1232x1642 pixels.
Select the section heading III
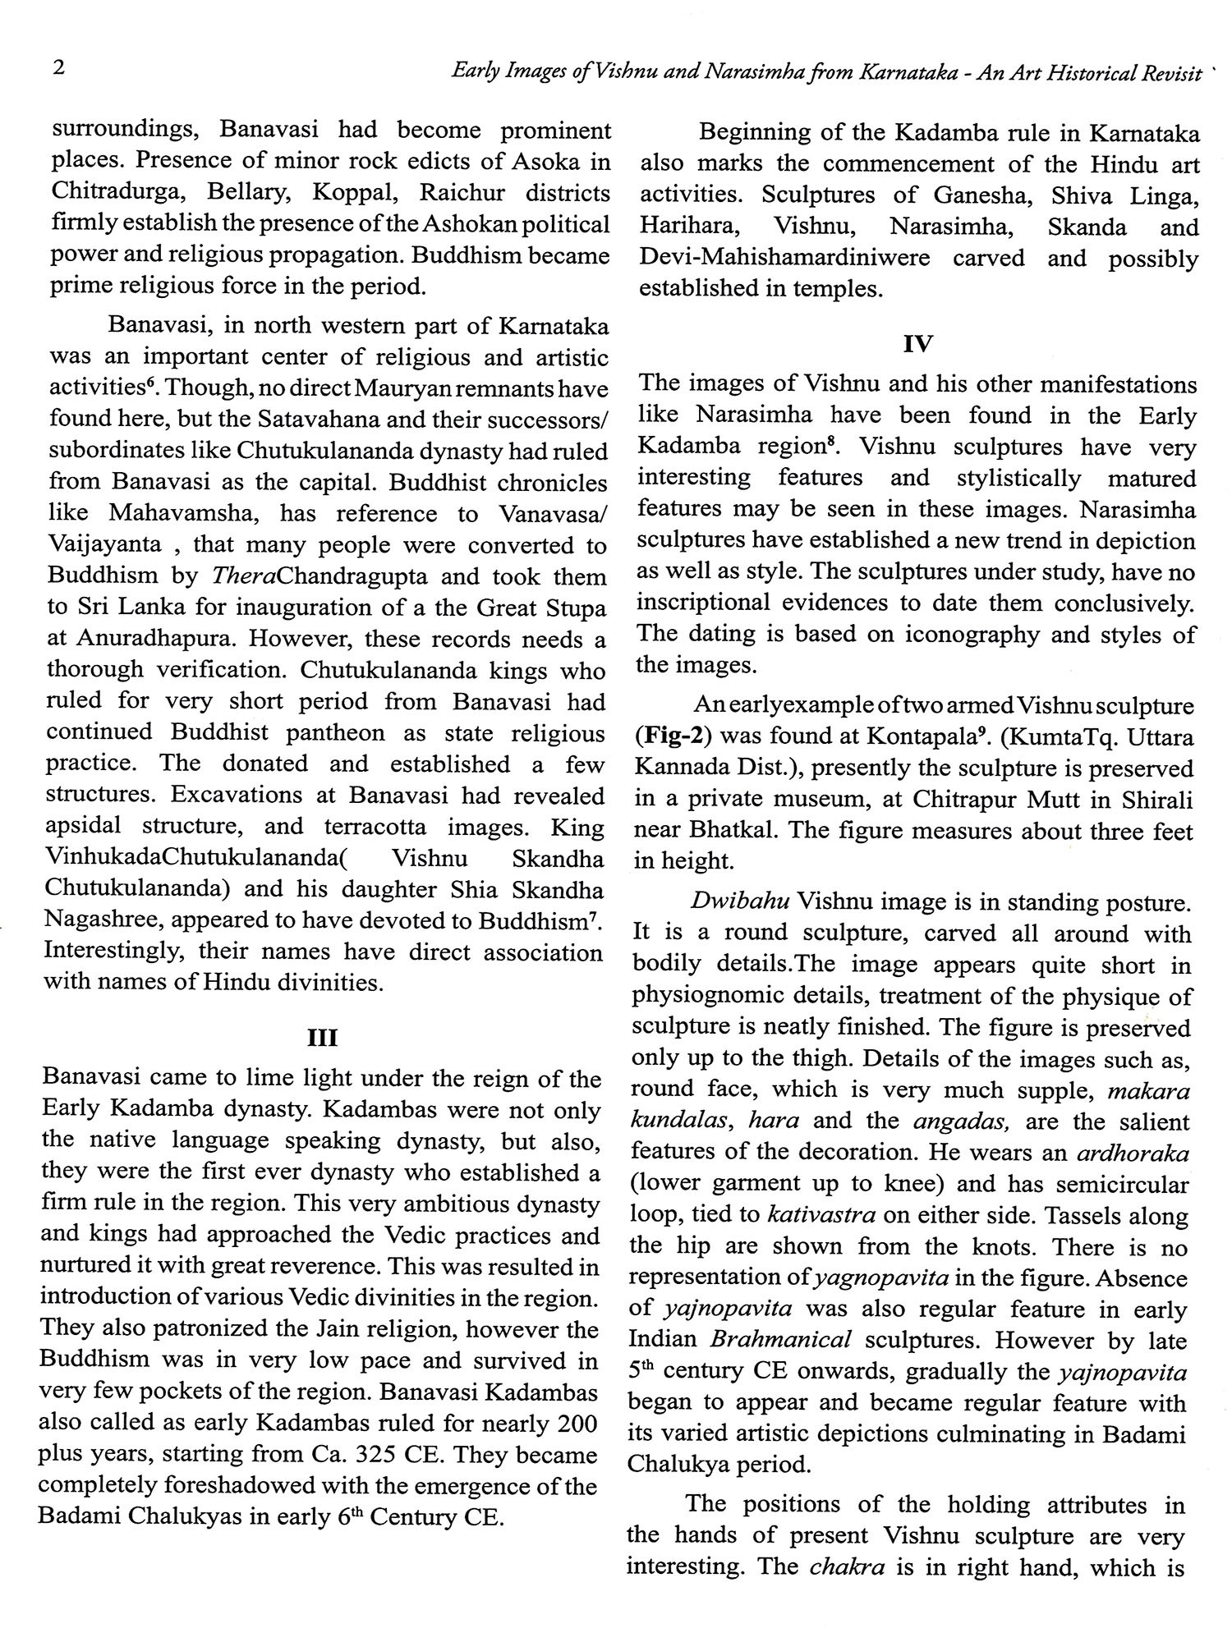321,1039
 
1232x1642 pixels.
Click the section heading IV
917,345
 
